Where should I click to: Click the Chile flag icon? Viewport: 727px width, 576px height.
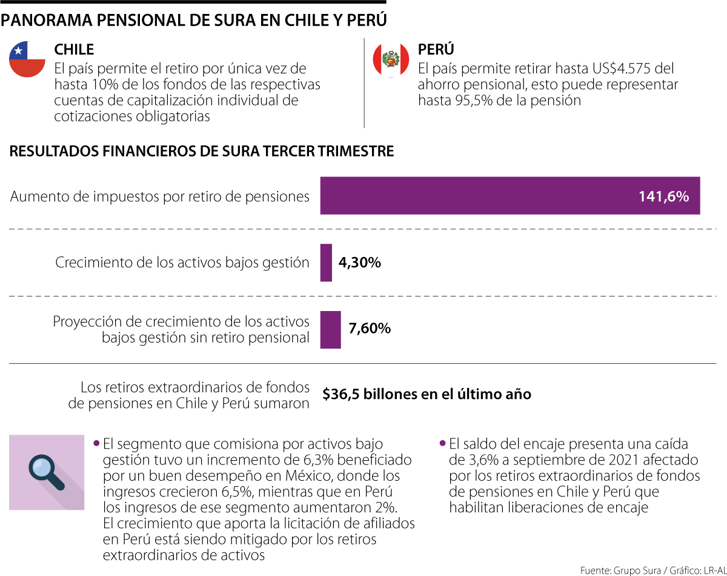point(27,59)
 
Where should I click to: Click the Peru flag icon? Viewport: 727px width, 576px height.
point(391,59)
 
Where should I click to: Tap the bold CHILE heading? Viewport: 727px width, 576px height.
point(74,49)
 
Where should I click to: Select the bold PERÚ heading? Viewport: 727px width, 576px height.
point(436,49)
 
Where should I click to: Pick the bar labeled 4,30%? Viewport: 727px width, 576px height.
point(326,263)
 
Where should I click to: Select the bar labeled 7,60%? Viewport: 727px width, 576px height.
point(330,329)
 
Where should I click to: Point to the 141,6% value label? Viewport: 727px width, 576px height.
point(663,196)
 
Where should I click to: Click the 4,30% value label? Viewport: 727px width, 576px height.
point(359,263)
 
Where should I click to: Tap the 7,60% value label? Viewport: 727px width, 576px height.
point(370,329)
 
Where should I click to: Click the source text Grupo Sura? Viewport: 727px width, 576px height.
point(637,570)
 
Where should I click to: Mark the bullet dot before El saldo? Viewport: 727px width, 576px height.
point(443,443)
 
